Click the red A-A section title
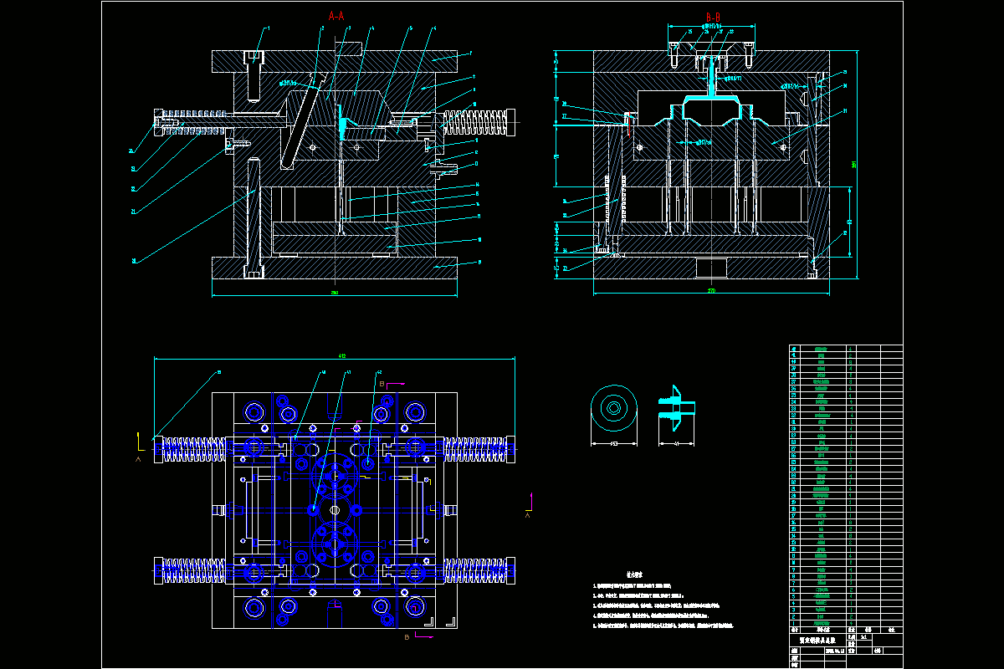click(336, 15)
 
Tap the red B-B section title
click(713, 17)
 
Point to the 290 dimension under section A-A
click(335, 293)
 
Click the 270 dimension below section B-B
click(712, 291)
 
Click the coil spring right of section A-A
click(476, 122)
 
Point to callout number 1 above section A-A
click(268, 28)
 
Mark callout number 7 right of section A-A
click(471, 54)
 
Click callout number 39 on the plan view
click(219, 372)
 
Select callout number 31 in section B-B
click(845, 111)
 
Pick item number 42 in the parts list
click(794, 348)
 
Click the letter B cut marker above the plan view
click(382, 382)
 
